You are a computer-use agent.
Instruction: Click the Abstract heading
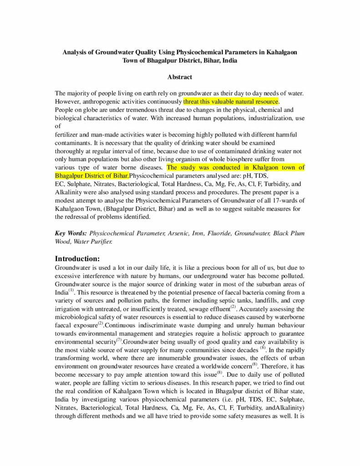tap(180, 77)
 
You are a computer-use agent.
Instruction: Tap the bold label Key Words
tap(71, 233)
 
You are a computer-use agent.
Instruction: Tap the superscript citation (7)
tap(119, 339)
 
